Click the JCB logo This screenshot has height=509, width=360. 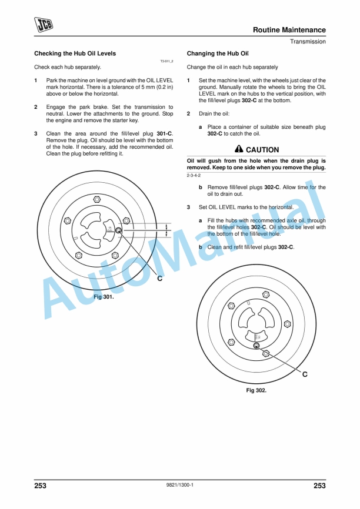[x=44, y=24]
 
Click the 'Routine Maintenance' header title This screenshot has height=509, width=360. [x=289, y=30]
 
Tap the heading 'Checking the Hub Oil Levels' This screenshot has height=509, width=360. [x=75, y=53]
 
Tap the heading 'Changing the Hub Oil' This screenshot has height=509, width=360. [x=218, y=53]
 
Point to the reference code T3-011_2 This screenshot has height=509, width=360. [x=166, y=61]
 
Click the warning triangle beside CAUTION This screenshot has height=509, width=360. [x=238, y=149]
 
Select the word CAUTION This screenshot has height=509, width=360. [x=262, y=150]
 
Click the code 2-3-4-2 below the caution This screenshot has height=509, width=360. [x=194, y=176]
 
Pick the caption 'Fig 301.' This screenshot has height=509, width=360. [x=104, y=297]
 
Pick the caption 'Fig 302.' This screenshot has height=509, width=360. [x=256, y=390]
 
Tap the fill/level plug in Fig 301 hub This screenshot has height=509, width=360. [x=118, y=230]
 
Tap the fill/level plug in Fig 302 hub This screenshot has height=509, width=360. [x=256, y=346]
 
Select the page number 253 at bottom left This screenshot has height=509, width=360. [x=41, y=486]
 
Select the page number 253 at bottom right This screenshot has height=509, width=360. [x=319, y=486]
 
